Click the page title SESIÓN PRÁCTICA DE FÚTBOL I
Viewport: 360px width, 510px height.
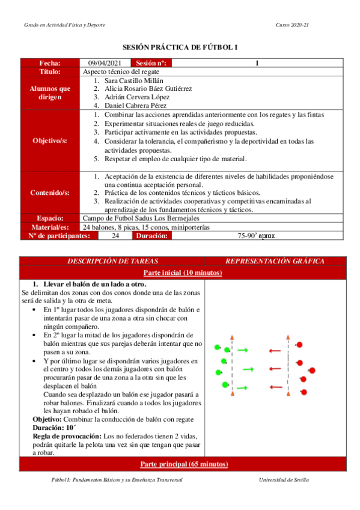pyautogui.click(x=180, y=46)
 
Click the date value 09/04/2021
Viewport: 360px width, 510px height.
pyautogui.click(x=105, y=63)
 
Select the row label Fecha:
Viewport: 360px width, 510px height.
pyautogui.click(x=50, y=63)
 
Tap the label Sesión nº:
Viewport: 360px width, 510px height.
pyautogui.click(x=153, y=63)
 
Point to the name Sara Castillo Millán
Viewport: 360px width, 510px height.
pyautogui.click(x=134, y=80)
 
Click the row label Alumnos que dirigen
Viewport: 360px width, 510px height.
pyautogui.click(x=50, y=92)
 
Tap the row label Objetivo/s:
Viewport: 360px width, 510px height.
pyautogui.click(x=50, y=140)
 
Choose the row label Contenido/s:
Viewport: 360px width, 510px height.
pyautogui.click(x=50, y=193)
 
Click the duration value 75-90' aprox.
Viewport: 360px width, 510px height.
pyautogui.click(x=257, y=236)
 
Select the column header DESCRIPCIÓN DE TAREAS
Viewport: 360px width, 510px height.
pyautogui.click(x=112, y=261)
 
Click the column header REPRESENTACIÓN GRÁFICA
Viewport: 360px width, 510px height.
pyautogui.click(x=275, y=261)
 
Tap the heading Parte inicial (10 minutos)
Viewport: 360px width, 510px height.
pyautogui.click(x=181, y=273)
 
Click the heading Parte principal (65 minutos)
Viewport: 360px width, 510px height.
pyautogui.click(x=181, y=464)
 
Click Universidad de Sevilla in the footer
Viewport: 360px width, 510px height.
pyautogui.click(x=284, y=479)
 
